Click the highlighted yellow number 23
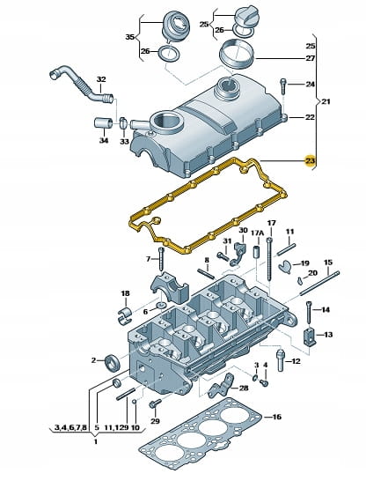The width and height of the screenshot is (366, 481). (310, 160)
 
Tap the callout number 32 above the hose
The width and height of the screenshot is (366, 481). (101, 79)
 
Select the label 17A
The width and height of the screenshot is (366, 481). (257, 233)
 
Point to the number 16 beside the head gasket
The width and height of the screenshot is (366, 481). (276, 417)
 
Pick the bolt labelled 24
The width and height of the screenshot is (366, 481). (283, 86)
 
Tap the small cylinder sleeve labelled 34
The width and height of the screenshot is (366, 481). (103, 122)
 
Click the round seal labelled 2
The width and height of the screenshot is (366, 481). (112, 362)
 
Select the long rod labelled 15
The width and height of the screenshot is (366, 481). (319, 283)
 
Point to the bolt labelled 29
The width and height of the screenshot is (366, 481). (155, 404)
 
